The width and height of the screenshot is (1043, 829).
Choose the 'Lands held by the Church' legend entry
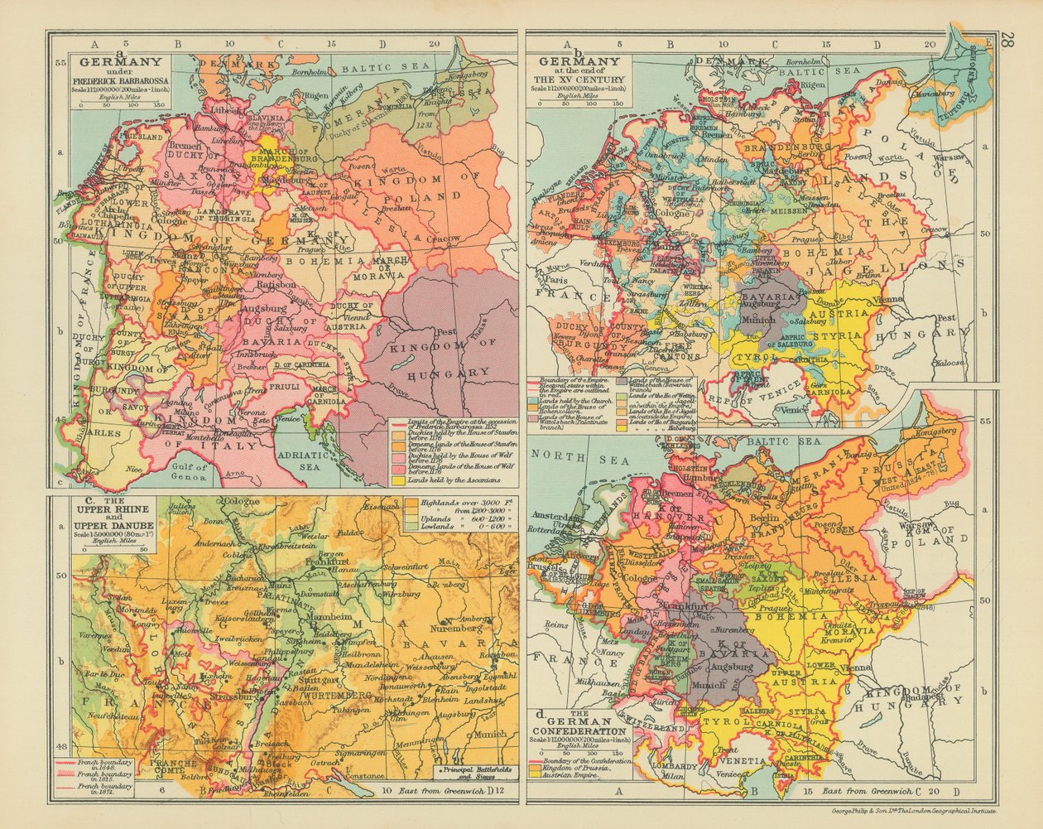(x=571, y=400)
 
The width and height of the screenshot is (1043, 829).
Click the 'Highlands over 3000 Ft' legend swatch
(x=411, y=504)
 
